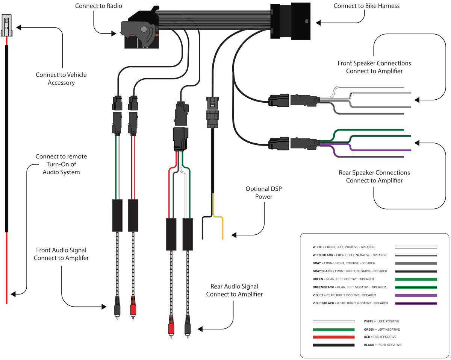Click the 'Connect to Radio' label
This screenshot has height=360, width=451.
pyautogui.click(x=98, y=6)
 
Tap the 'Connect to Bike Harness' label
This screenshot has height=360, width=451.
pyautogui.click(x=361, y=6)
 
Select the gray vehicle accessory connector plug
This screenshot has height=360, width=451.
pyautogui.click(x=6, y=26)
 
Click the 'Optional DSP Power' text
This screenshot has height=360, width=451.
pyautogui.click(x=263, y=193)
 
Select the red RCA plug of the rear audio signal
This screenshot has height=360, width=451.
pyautogui.click(x=171, y=324)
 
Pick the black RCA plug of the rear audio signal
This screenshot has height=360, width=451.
pyautogui.click(x=187, y=324)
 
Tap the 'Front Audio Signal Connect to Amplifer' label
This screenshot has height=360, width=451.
pyautogui.click(x=61, y=254)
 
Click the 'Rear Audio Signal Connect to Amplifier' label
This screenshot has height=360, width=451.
pyautogui.click(x=234, y=290)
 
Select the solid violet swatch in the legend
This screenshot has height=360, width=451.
pyautogui.click(x=416, y=295)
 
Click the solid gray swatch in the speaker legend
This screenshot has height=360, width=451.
pyautogui.click(x=416, y=263)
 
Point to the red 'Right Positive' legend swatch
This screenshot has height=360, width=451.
pyautogui.click(x=333, y=337)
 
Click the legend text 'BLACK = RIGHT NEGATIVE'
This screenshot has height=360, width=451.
pyautogui.click(x=382, y=345)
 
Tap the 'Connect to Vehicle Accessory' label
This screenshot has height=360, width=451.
pyautogui.click(x=61, y=79)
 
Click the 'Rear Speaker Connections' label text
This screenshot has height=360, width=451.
pyautogui.click(x=374, y=173)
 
